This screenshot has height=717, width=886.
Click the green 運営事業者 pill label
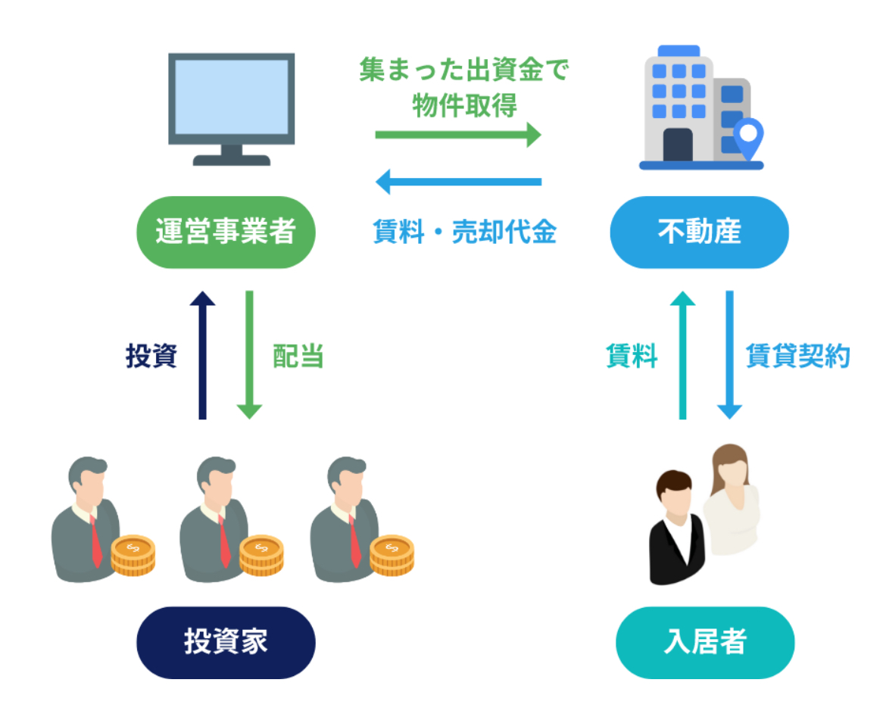tap(226, 232)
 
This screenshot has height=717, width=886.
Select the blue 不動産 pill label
tap(700, 232)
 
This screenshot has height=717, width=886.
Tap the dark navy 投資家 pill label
tap(226, 642)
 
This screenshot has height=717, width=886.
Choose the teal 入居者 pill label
tap(705, 642)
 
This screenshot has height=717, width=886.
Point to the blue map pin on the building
tap(749, 139)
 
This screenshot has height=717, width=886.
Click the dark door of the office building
tap(678, 145)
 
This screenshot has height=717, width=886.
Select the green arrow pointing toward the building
tap(458, 135)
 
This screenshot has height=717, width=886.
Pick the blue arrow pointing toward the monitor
tap(458, 182)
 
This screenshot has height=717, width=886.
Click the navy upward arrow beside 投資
tap(202, 355)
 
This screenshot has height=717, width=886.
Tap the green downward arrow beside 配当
tap(249, 355)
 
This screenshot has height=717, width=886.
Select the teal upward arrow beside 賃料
tap(682, 355)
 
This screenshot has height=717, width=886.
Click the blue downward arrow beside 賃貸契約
tap(729, 355)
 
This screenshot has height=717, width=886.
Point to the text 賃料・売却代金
tap(464, 232)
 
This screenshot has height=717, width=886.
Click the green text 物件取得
tap(464, 105)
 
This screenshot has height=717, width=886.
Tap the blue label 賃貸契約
tap(798, 356)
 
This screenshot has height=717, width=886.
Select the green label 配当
tap(298, 356)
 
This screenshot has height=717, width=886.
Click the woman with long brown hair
tap(732, 500)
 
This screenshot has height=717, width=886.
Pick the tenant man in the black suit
tap(676, 528)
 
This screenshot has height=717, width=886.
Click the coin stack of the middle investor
tap(261, 556)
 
